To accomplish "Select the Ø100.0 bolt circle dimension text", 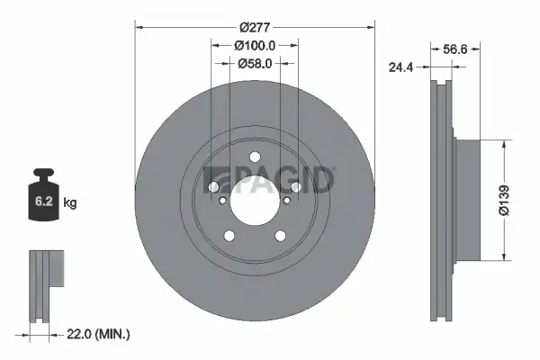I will [x=255, y=45].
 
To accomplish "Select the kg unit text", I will [x=70, y=203].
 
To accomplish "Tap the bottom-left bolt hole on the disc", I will [x=229, y=236].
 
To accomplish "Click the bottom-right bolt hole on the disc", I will [x=281, y=236].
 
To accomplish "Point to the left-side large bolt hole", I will [x=213, y=187].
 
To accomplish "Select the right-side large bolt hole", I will [x=296, y=187].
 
